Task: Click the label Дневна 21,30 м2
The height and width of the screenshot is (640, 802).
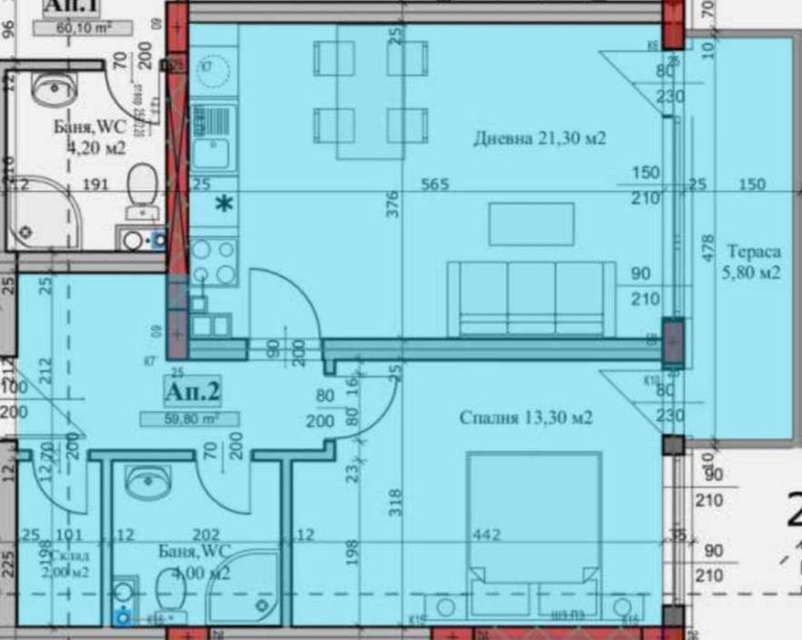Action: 540,139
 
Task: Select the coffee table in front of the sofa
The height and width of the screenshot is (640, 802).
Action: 530,224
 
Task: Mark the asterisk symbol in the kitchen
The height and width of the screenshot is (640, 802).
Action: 222,204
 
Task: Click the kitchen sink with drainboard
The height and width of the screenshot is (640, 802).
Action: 213,137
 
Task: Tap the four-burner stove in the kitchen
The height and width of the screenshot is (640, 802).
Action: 213,262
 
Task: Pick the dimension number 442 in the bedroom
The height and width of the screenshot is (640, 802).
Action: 487,535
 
